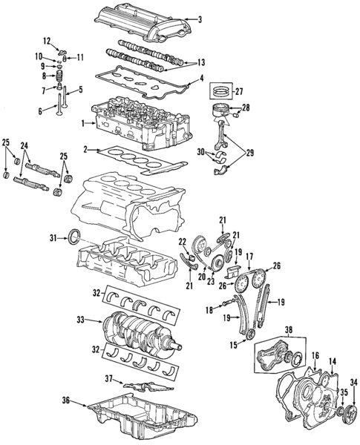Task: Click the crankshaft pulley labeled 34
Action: click(x=343, y=412)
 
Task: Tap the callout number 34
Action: click(x=353, y=382)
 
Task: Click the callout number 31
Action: click(x=53, y=237)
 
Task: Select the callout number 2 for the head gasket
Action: click(x=86, y=149)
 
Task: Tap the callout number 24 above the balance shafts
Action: click(x=24, y=145)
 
